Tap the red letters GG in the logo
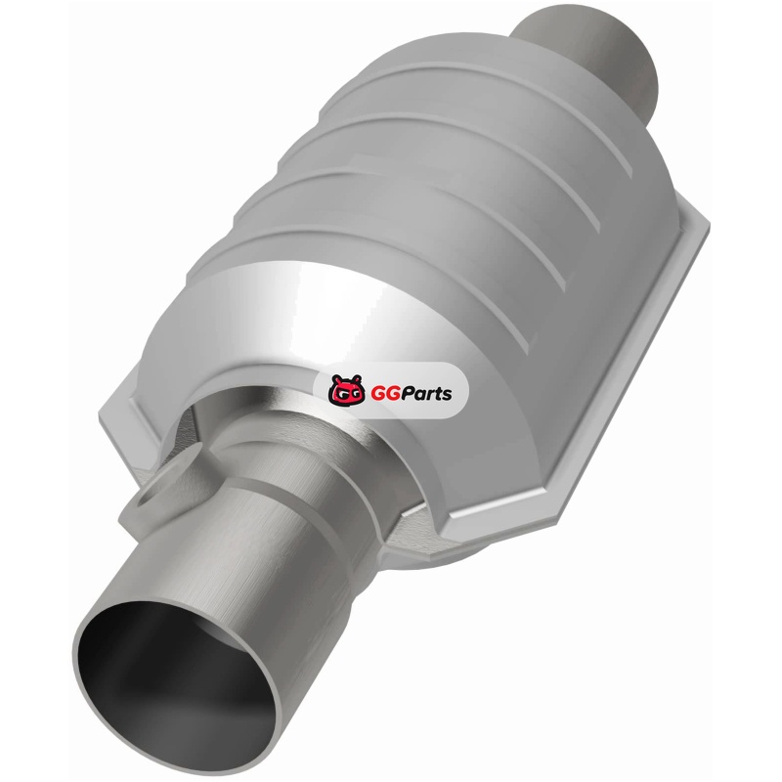click(382, 394)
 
